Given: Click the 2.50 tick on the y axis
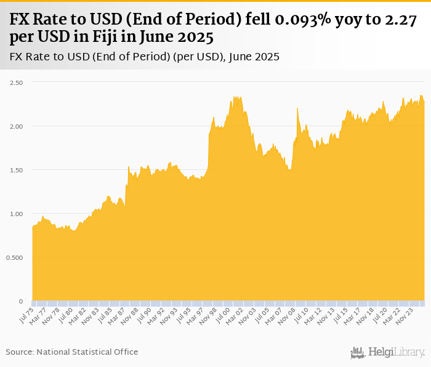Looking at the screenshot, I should point(15,83).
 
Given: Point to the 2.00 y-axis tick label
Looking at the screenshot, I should point(15,126).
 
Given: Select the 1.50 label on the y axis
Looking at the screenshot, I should point(15,170).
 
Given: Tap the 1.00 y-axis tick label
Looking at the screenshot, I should point(15,214).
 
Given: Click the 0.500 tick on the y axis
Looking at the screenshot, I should point(14,257).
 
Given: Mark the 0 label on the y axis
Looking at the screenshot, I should point(20,301).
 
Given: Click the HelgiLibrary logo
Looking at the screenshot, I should point(388,352).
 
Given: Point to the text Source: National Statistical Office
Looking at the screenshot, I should point(72,352).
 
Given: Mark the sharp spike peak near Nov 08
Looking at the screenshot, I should point(297,108).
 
